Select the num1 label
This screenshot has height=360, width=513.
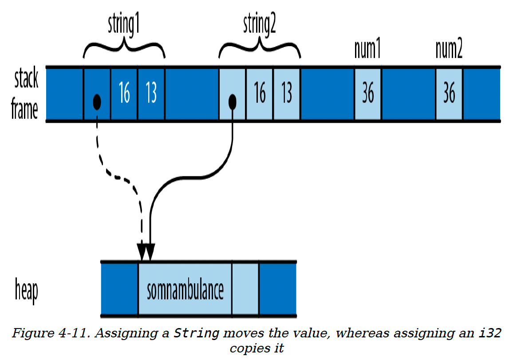pos(367,49)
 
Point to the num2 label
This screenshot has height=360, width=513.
pos(449,49)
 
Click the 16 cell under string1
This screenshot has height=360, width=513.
pos(124,94)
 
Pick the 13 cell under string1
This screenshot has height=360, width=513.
pos(151,94)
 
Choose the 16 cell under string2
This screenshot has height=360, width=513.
pos(260,94)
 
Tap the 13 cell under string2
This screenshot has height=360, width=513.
pos(287,94)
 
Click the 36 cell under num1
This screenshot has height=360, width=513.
pos(368,94)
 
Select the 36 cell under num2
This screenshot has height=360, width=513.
pos(449,94)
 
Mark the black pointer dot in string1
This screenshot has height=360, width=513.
pos(97,102)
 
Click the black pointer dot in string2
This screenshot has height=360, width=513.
pos(232,102)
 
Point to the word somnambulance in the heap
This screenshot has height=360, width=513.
pos(185,291)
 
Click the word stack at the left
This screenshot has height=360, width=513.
pos(26,78)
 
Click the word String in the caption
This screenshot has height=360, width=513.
pos(196,333)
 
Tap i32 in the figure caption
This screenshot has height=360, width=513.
pos(490,333)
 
